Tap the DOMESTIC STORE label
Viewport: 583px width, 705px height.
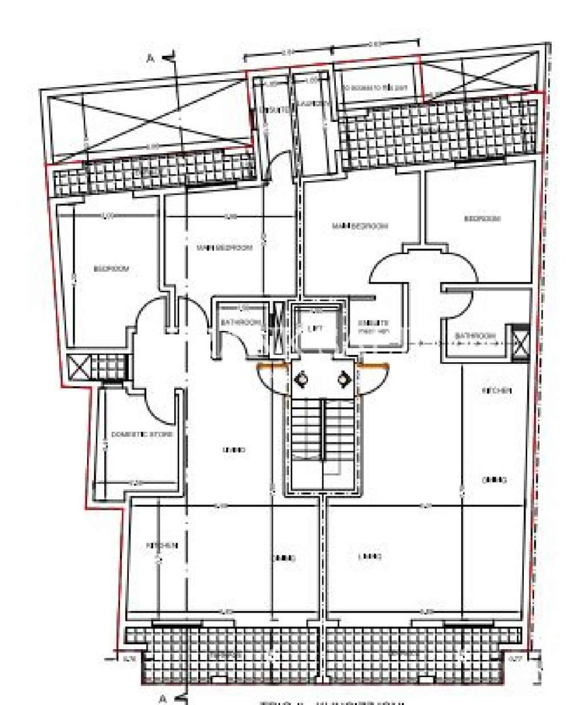142,434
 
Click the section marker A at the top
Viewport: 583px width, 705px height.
151,58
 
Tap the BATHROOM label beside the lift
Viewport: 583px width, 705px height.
241,322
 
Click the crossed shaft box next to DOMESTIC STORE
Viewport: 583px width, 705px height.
78,368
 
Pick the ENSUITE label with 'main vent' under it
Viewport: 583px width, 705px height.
373,326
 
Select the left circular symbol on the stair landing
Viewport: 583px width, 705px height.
302,378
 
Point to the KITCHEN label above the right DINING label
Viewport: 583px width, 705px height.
496,391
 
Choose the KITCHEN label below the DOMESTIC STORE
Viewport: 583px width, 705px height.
162,545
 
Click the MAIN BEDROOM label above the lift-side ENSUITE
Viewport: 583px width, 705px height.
360,226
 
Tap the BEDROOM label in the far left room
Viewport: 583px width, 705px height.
112,268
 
